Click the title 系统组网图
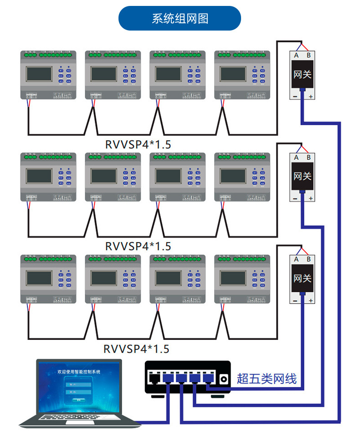pyautogui.click(x=180, y=19)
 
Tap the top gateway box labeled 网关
pyautogui.click(x=302, y=74)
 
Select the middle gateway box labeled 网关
pyautogui.click(x=302, y=176)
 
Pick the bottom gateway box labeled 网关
pyautogui.click(x=302, y=278)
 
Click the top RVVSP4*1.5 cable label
pyautogui.click(x=138, y=145)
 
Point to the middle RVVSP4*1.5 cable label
pyautogui.click(x=138, y=246)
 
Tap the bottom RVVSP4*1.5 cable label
pyautogui.click(x=136, y=349)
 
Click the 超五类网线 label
pyautogui.click(x=267, y=379)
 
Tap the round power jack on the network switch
pyautogui.click(x=223, y=379)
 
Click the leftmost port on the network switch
pyautogui.click(x=154, y=378)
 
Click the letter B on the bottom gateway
pyautogui.click(x=309, y=259)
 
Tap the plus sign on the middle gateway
pyautogui.click(x=311, y=199)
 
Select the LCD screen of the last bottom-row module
pyautogui.click(x=233, y=278)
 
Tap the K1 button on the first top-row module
pyautogui.click(x=61, y=71)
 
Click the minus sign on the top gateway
pyautogui.click(x=295, y=97)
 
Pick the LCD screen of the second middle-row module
pyautogui.click(x=103, y=176)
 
